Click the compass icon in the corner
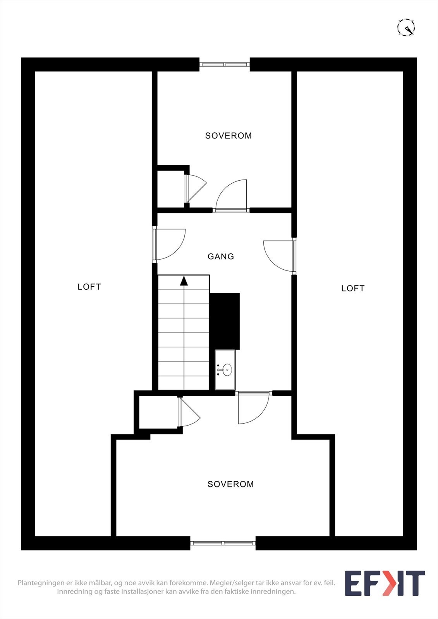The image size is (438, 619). [406, 27]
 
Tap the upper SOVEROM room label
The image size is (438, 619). [228, 136]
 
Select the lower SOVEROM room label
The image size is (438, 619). [230, 484]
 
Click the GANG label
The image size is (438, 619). [221, 256]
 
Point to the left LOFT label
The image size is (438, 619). [89, 287]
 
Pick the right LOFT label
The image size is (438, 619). [352, 288]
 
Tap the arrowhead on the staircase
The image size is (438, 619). [184, 280]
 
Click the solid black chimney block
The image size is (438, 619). [225, 321]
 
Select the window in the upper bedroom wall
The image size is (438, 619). [225, 64]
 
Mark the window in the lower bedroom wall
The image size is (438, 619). [223, 543]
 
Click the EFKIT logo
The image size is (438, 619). [385, 583]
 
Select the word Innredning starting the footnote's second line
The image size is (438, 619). [74, 592]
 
